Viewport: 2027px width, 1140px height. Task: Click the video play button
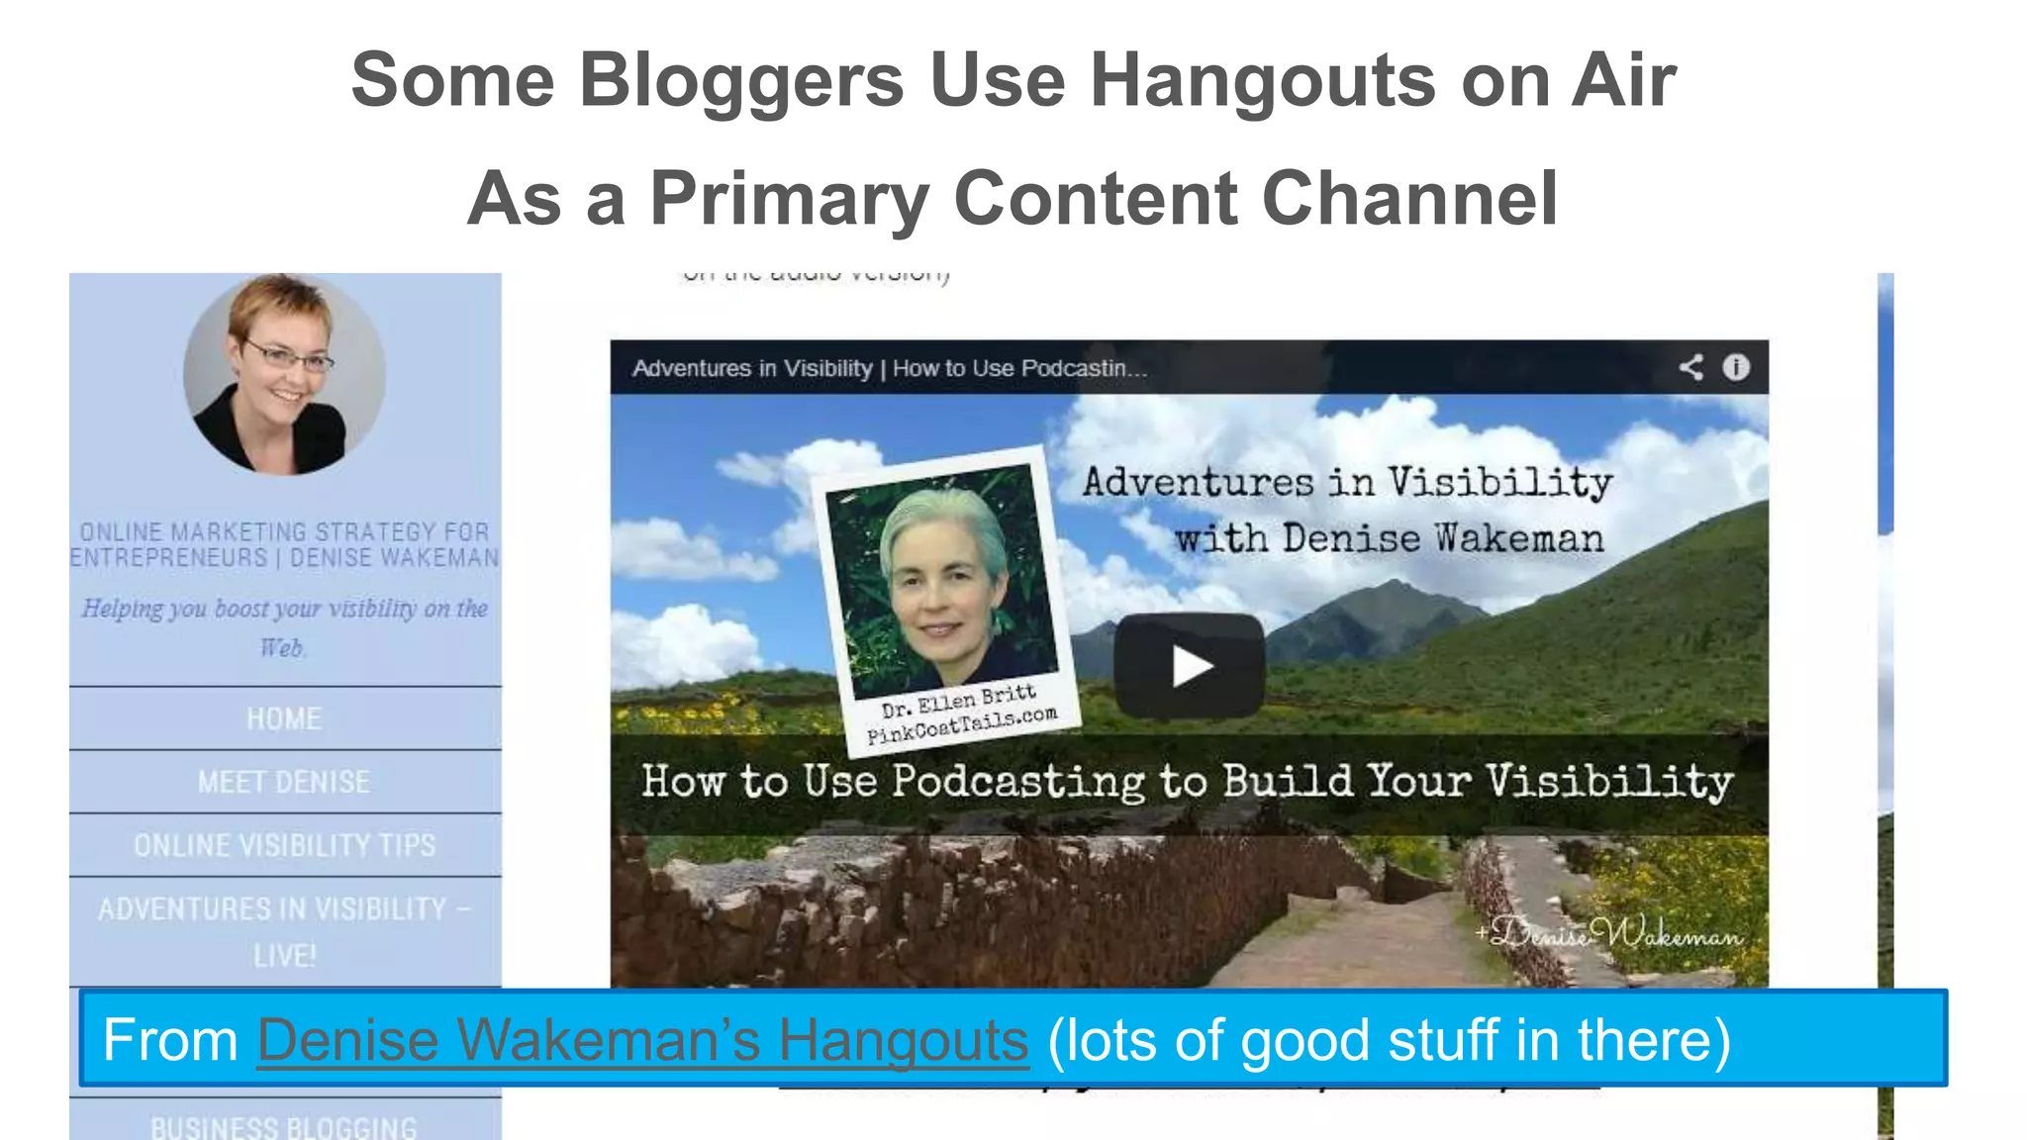click(x=1189, y=665)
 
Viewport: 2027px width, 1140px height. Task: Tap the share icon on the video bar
click(x=1690, y=367)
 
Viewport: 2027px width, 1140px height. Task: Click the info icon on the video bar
click(x=1736, y=367)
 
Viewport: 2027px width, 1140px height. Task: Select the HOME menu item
click(x=284, y=718)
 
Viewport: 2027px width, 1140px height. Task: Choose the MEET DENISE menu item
click(x=284, y=782)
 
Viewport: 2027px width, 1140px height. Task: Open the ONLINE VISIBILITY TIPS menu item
click(x=284, y=845)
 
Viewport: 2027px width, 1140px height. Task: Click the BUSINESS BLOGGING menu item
click(x=284, y=1127)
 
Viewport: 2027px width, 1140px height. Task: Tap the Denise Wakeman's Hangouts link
click(x=642, y=1040)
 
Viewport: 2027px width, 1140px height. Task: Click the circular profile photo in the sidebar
click(x=284, y=374)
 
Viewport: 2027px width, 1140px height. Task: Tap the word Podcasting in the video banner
click(x=1018, y=782)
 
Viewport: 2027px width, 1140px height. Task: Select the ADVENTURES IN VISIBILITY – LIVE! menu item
click(x=284, y=931)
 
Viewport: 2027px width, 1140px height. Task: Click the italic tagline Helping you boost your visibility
click(x=284, y=626)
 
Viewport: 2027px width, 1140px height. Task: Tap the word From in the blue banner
click(x=170, y=1040)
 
